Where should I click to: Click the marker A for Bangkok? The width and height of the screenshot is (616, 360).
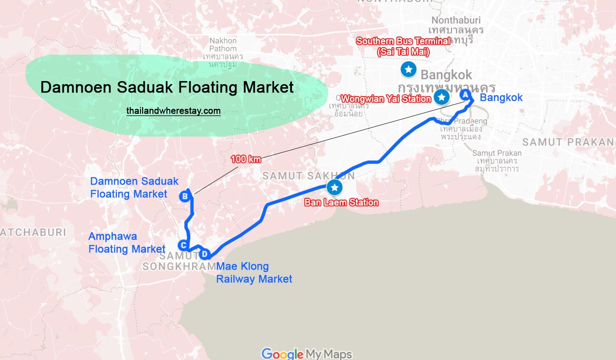tap(465, 94)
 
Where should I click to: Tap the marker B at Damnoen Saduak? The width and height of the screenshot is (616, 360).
tap(185, 197)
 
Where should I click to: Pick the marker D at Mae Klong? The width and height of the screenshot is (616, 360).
tap(204, 254)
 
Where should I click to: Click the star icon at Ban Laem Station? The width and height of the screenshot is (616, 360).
tap(335, 188)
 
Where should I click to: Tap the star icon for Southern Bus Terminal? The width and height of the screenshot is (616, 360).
tap(409, 69)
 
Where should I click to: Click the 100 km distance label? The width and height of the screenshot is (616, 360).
tap(246, 159)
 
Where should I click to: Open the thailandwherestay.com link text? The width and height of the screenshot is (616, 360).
tap(173, 111)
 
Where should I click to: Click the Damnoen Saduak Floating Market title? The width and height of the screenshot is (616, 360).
tap(167, 87)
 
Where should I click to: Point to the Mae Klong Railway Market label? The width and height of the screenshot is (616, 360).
tap(254, 273)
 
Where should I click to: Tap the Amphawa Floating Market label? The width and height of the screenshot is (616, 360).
tap(127, 243)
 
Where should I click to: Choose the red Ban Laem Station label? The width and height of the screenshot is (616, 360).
tap(341, 203)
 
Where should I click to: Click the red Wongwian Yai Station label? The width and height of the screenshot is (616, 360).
tap(386, 99)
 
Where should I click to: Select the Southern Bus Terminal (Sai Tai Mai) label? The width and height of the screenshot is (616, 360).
tap(403, 46)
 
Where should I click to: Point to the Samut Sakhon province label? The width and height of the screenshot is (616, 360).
tap(308, 176)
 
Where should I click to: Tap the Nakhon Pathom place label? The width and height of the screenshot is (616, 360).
tap(223, 45)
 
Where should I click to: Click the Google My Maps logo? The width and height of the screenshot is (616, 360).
tap(306, 354)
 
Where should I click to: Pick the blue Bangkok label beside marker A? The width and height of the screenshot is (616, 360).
tap(501, 97)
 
